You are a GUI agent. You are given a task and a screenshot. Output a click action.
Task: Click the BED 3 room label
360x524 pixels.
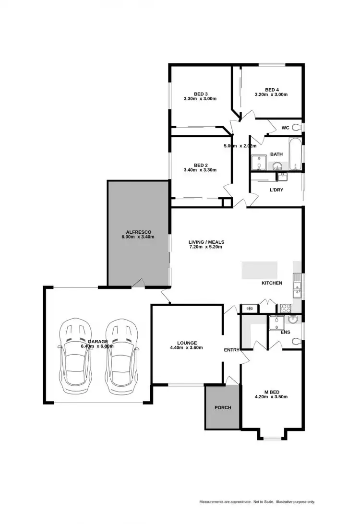coord(200,94)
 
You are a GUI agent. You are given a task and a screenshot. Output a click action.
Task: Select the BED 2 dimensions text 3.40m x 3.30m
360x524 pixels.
coord(200,170)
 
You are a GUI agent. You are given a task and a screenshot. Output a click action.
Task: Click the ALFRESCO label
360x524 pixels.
coord(138,232)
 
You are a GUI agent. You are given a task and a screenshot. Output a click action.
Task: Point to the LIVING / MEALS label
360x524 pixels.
coord(206,242)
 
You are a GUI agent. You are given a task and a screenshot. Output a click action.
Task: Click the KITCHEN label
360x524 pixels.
coord(272,283)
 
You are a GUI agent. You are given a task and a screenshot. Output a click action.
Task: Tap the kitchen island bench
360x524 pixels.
coord(259,270)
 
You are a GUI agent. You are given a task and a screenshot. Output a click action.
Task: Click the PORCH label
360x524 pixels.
coord(222,408)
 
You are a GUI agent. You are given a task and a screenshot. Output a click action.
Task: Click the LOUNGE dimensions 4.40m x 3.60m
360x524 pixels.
coord(187,348)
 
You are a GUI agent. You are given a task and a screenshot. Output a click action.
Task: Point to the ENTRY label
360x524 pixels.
coord(231,350)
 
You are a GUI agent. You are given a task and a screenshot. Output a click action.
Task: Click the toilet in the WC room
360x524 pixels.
coord(296,127)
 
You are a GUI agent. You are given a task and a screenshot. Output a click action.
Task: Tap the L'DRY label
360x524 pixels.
coord(276,190)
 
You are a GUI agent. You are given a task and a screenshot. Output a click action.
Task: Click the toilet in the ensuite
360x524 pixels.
coord(296,341)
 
